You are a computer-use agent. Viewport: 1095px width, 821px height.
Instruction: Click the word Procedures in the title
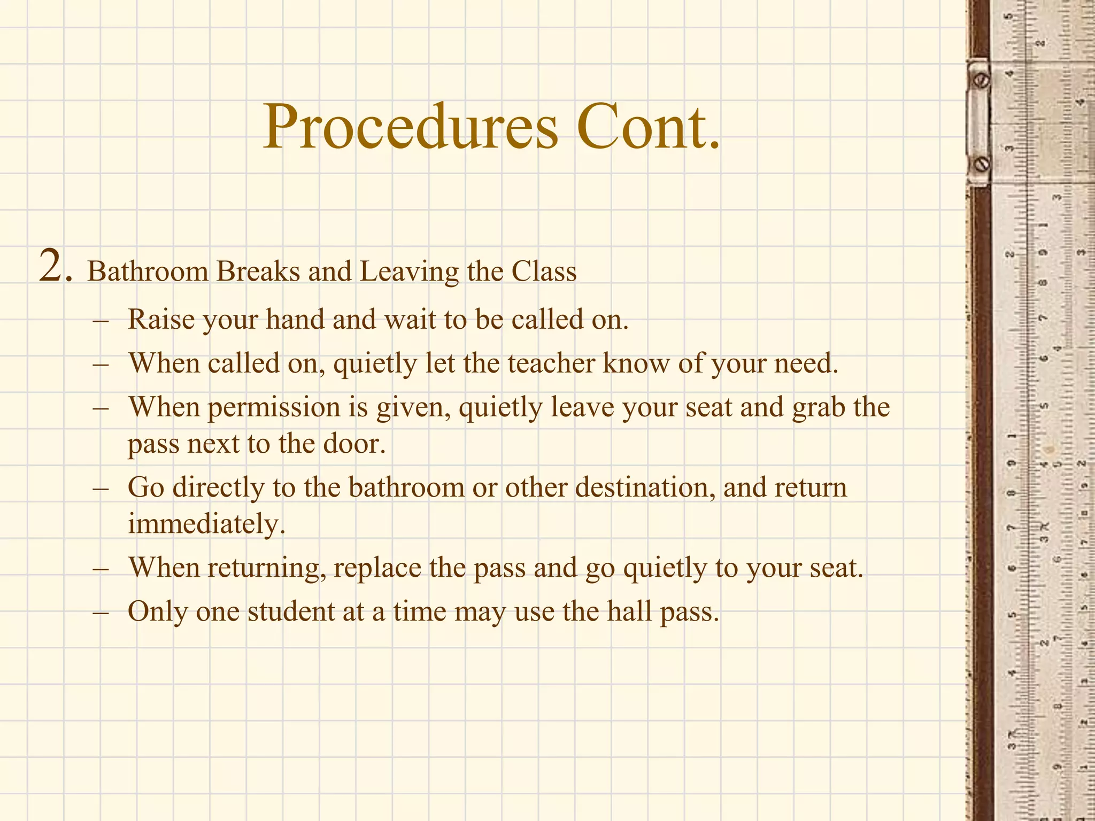pos(410,127)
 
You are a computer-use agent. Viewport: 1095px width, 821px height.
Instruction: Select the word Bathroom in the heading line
pos(148,271)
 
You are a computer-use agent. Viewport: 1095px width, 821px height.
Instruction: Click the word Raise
pos(161,320)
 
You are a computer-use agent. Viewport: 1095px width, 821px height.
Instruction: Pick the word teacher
pos(551,363)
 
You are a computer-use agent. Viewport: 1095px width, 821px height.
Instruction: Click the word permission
pos(274,408)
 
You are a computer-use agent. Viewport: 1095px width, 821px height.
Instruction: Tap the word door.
pos(353,444)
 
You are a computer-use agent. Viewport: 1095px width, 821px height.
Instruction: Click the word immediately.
pos(206,523)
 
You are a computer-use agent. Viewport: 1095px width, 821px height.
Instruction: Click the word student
pos(291,611)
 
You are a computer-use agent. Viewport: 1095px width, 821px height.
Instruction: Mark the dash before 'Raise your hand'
pos(101,321)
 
